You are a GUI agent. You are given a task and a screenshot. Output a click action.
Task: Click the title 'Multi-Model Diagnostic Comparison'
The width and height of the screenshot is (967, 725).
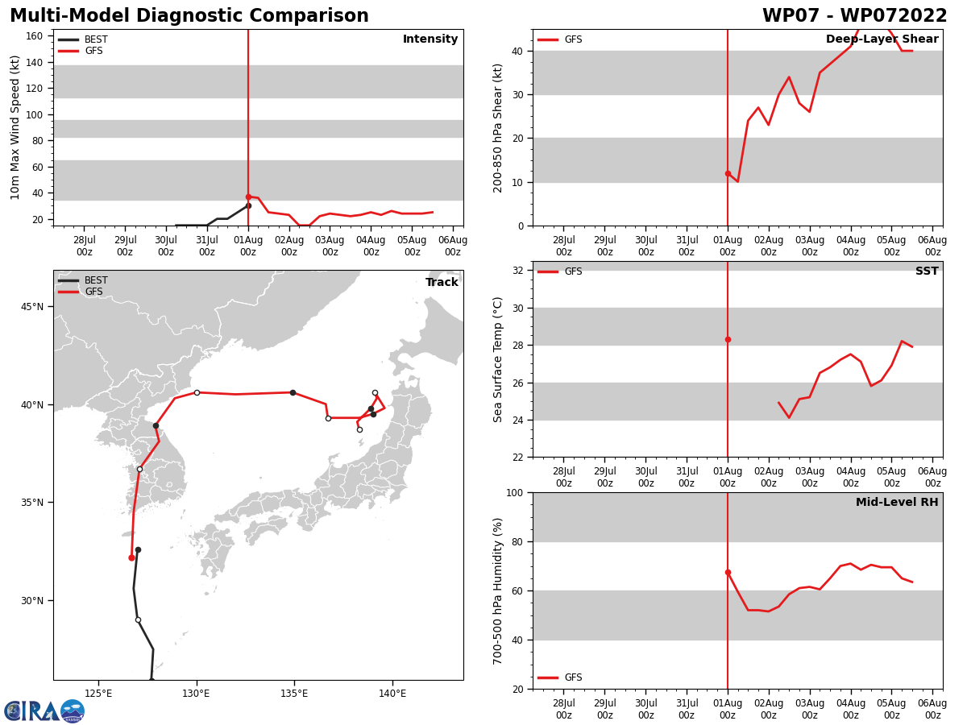coord(189,16)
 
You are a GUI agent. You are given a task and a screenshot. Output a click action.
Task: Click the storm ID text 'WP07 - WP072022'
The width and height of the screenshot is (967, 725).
coord(854,16)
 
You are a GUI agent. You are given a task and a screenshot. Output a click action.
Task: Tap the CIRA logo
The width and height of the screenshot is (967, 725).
coord(44,711)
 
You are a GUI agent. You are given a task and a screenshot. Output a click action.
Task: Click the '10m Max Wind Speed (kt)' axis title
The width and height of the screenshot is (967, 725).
coord(15,127)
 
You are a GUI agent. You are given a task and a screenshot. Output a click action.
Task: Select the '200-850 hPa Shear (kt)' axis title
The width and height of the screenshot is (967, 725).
coord(499,127)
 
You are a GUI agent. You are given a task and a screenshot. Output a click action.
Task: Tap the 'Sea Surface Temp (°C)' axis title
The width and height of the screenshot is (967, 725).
coord(499,359)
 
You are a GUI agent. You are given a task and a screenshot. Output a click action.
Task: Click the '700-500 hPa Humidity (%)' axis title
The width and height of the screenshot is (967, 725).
coord(499,590)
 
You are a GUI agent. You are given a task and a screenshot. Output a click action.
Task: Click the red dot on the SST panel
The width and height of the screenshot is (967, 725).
coord(728,339)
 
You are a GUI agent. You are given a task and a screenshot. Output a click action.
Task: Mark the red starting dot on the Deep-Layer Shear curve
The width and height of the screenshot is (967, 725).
coord(728,173)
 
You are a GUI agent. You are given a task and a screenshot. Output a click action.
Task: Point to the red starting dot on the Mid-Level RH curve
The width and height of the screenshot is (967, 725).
coord(728,572)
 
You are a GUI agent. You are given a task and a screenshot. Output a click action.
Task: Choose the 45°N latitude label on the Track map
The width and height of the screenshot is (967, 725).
coord(33,307)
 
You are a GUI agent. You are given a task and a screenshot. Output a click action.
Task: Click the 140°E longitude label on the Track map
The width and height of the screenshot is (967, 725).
coord(392,694)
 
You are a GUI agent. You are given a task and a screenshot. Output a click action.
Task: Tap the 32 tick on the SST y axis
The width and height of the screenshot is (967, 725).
coord(519,271)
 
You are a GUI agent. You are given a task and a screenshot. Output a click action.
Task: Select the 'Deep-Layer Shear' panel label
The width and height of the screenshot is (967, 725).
coord(882,39)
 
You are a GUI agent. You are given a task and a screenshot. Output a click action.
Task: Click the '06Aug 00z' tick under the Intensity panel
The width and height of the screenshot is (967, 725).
coord(452,246)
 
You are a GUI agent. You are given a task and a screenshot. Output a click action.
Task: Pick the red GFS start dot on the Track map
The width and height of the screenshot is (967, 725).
coord(131,557)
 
